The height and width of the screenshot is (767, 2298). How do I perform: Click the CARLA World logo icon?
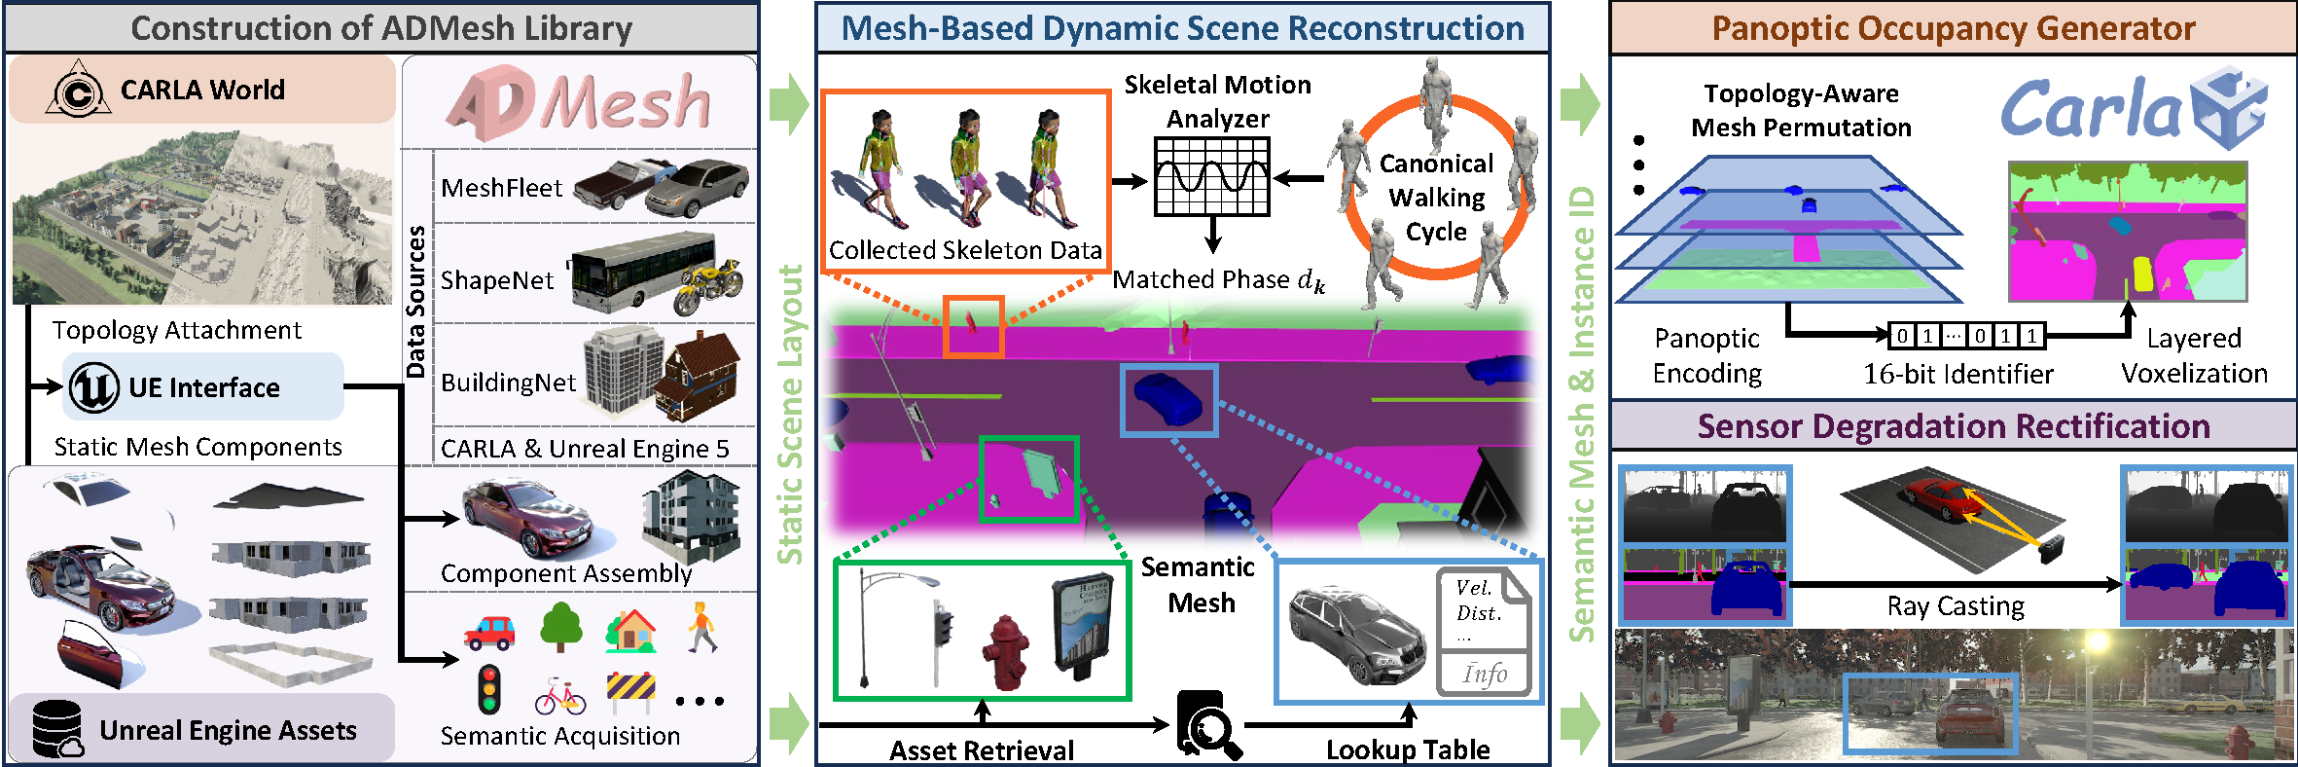pos(78,91)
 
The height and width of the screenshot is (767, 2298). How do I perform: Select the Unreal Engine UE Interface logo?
pos(94,386)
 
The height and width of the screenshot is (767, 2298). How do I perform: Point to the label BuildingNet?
pos(507,383)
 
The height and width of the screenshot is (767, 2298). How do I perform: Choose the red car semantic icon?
pos(489,633)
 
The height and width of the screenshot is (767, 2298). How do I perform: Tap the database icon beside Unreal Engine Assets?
pos(57,729)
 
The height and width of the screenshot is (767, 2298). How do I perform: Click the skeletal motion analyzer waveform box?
pos(1211,176)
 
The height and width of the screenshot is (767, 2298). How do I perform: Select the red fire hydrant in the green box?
pos(1004,650)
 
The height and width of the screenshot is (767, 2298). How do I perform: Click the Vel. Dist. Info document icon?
pos(1484,632)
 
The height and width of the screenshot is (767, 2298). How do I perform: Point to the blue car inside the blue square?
pos(1168,399)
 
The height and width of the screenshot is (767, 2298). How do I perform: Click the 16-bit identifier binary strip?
pos(1965,336)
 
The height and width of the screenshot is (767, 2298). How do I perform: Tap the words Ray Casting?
pos(1956,606)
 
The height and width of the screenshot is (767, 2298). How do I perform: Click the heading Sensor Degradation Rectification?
pos(1953,426)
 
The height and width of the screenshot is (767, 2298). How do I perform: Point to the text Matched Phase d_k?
pos(1218,280)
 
